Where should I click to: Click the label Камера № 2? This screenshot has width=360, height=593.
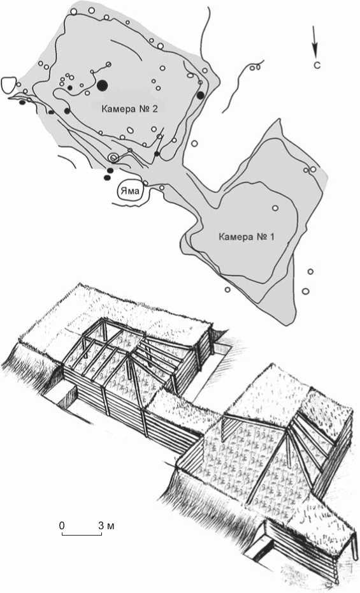[x=129, y=109]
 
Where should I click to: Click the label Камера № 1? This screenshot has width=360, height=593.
[x=247, y=237]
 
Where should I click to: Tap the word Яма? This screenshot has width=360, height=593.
[x=129, y=191]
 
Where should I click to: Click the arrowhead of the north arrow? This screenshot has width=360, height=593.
[x=315, y=52]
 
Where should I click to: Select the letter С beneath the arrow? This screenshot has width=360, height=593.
[x=317, y=65]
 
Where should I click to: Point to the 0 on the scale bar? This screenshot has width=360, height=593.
[x=62, y=525]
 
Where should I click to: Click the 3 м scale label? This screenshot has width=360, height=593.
[x=106, y=525]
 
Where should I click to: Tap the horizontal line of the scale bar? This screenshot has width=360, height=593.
[x=82, y=535]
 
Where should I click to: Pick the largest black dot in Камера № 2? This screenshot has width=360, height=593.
[x=102, y=85]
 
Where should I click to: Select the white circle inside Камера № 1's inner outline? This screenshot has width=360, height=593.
[x=275, y=208]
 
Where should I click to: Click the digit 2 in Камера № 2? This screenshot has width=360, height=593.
[x=155, y=109]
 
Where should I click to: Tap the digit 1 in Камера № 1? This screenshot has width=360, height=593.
[x=272, y=237]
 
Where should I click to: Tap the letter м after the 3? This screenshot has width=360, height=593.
[x=111, y=527]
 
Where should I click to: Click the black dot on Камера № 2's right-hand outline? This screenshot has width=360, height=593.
[x=201, y=95]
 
